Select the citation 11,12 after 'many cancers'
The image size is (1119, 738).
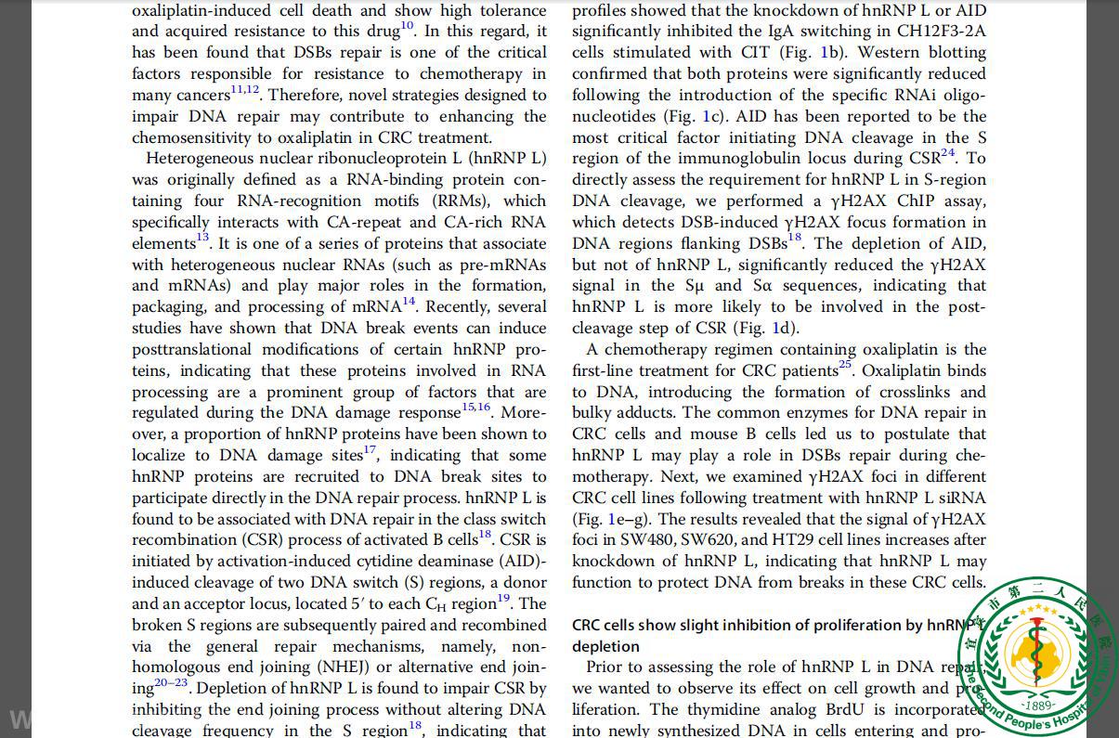[x=245, y=90]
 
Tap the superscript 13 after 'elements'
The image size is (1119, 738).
[x=202, y=239]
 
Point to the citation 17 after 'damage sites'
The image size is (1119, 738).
[x=370, y=451]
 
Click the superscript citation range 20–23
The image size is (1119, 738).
[x=171, y=683]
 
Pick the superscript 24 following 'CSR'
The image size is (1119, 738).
[x=947, y=153]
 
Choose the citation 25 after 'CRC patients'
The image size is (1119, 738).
[x=844, y=365]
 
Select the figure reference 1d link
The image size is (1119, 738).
[x=780, y=328]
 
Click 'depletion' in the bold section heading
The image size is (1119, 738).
[x=605, y=646]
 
